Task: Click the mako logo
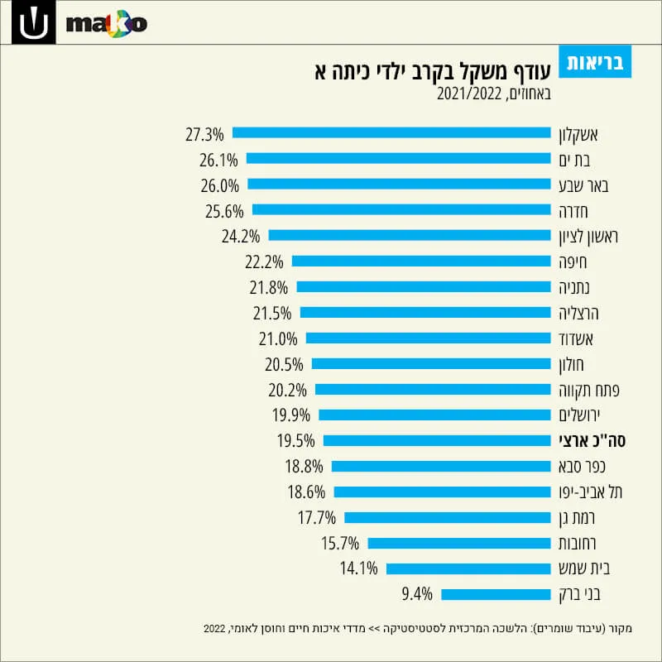pyautogui.click(x=107, y=24)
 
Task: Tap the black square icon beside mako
pyautogui.click(x=34, y=22)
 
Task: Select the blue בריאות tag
pyautogui.click(x=595, y=61)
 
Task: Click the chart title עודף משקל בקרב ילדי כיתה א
pyautogui.click(x=433, y=71)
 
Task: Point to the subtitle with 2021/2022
pyautogui.click(x=494, y=94)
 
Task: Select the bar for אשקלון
pyautogui.click(x=391, y=132)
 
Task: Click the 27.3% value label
pyautogui.click(x=204, y=135)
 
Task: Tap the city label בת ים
pyautogui.click(x=574, y=161)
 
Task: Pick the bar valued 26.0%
pyautogui.click(x=399, y=184)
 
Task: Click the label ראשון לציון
pyautogui.click(x=588, y=237)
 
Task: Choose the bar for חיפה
pyautogui.click(x=421, y=261)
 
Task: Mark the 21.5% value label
pyautogui.click(x=272, y=314)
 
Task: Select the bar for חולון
pyautogui.click(x=431, y=364)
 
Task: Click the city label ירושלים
pyautogui.click(x=579, y=415)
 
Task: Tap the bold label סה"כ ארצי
pyautogui.click(x=592, y=441)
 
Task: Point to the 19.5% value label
pyautogui.click(x=296, y=441)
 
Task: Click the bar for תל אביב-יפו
pyautogui.click(x=442, y=492)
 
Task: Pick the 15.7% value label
pyautogui.click(x=340, y=544)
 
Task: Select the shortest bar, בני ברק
pyautogui.click(x=496, y=594)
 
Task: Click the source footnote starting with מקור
pyautogui.click(x=418, y=629)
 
